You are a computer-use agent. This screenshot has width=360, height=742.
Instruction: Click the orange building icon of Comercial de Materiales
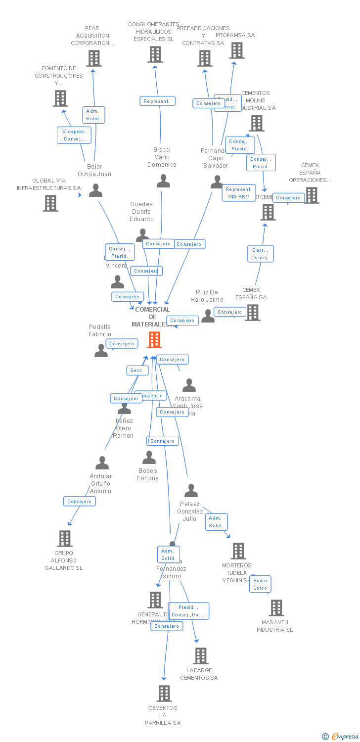click(x=154, y=340)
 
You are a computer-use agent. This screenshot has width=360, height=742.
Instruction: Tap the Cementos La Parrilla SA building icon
click(x=164, y=694)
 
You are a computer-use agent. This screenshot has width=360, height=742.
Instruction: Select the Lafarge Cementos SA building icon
click(x=200, y=656)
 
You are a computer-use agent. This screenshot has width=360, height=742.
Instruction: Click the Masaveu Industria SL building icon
click(x=276, y=608)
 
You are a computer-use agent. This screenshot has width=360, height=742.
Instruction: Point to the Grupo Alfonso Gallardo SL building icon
click(x=64, y=539)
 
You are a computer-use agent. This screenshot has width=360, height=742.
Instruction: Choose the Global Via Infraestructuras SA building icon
click(x=50, y=203)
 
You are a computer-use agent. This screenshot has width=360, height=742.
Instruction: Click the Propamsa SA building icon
click(x=237, y=50)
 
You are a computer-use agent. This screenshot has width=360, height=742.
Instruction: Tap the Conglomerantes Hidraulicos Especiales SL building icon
click(x=155, y=54)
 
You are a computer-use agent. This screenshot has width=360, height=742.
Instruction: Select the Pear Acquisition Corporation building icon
click(x=93, y=58)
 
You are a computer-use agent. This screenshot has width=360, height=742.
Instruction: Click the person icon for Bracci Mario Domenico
click(x=163, y=181)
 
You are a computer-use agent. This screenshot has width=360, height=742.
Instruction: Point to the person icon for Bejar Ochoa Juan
click(x=95, y=190)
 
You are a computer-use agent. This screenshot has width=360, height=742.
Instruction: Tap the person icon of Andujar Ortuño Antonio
click(x=102, y=463)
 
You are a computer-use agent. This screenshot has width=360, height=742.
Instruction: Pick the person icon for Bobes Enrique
click(x=149, y=458)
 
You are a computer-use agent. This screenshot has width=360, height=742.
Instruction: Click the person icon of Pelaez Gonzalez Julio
click(x=191, y=491)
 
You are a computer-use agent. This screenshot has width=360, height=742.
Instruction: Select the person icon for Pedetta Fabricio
click(x=101, y=351)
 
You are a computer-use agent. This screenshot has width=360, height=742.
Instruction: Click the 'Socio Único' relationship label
click(x=260, y=584)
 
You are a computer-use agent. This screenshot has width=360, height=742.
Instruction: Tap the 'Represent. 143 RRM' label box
click(x=238, y=193)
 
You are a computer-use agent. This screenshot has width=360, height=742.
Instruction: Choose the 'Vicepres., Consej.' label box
click(x=74, y=135)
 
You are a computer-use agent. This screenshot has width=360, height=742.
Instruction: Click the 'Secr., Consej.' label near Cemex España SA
click(x=260, y=254)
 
